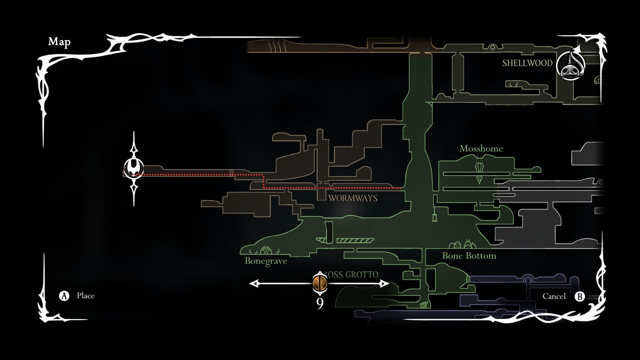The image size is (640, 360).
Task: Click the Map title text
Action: [59, 42]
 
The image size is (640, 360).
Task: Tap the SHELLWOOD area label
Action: [527, 63]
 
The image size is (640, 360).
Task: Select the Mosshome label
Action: [481, 149]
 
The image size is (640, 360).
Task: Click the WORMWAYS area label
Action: [353, 198]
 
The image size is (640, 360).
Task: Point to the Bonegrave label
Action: [266, 261]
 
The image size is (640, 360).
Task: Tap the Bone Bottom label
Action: [469, 256]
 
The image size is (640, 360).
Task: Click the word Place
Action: [86, 296]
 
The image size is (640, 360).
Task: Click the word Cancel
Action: [554, 296]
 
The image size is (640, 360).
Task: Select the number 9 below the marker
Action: [320, 304]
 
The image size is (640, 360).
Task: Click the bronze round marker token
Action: [320, 283]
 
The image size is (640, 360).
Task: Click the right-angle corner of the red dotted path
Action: [264, 175]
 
